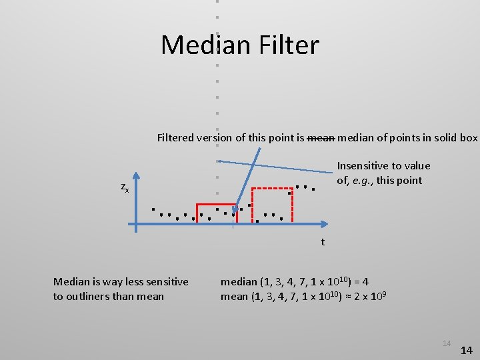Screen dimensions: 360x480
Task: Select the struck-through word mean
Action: (x=320, y=138)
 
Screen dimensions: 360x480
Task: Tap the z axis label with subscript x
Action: (x=125, y=188)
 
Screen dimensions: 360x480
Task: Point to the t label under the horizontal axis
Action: (x=323, y=242)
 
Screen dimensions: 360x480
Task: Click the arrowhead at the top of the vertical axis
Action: (x=136, y=176)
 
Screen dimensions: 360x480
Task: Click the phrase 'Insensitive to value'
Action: (x=383, y=165)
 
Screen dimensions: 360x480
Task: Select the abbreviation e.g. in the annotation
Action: (x=366, y=181)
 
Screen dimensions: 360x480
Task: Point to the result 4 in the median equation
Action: (x=384, y=281)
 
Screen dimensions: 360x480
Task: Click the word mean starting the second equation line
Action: (x=234, y=296)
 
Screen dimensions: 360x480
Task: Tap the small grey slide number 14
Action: (x=446, y=343)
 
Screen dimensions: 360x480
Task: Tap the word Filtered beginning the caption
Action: (x=175, y=138)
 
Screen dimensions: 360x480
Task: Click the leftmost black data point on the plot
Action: (x=153, y=209)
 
